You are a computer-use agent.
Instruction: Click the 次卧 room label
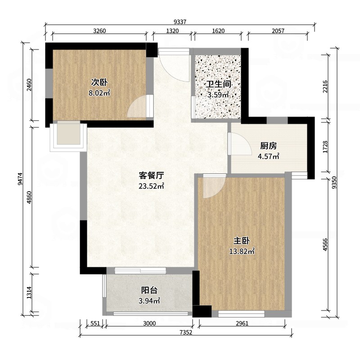point(99,82)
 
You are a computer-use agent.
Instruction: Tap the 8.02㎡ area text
point(99,93)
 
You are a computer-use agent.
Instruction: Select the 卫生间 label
point(218,84)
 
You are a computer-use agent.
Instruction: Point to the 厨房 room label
point(268,146)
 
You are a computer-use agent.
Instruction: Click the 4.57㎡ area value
point(268,157)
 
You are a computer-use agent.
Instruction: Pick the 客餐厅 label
point(151,175)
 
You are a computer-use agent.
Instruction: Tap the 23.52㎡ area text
point(151,186)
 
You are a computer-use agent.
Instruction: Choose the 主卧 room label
point(242,241)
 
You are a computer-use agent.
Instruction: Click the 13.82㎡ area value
point(242,252)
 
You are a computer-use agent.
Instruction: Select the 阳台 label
point(149,290)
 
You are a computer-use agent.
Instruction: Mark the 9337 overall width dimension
point(180,22)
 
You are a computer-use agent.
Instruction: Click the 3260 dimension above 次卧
point(99,31)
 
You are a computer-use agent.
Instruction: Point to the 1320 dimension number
point(172,31)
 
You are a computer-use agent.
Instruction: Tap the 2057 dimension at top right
point(278,31)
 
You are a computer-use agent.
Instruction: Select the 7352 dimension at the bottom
point(186,332)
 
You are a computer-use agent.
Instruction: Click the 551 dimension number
point(95,323)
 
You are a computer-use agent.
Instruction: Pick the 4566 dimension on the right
point(325,245)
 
